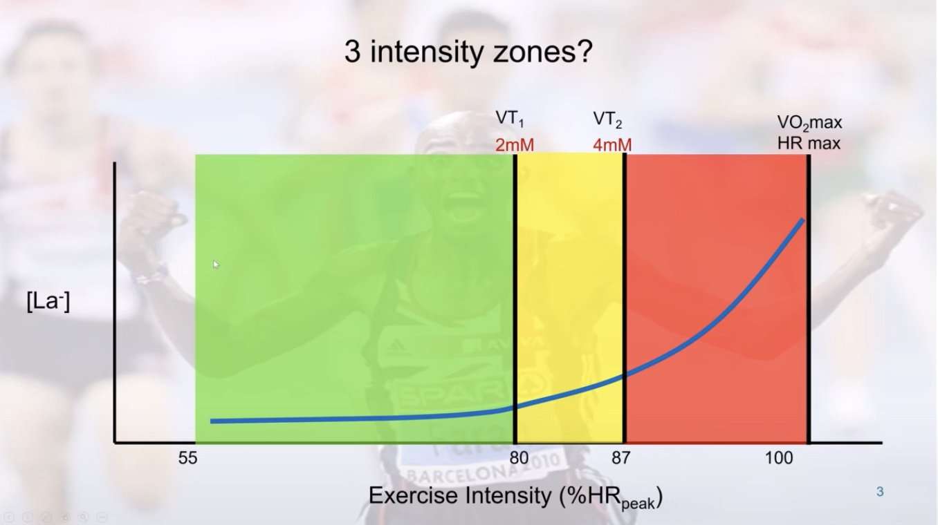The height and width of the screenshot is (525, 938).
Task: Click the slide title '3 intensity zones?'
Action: pyautogui.click(x=468, y=52)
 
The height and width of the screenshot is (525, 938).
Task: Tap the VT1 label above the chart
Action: pyautogui.click(x=510, y=118)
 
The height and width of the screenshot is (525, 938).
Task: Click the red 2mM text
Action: pyautogui.click(x=515, y=145)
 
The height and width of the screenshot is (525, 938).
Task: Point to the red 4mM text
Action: pyautogui.click(x=611, y=145)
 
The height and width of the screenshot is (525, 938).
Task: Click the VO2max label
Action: pyautogui.click(x=809, y=124)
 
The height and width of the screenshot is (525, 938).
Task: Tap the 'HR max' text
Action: pyautogui.click(x=809, y=144)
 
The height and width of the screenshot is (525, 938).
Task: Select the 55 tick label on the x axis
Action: pyautogui.click(x=187, y=458)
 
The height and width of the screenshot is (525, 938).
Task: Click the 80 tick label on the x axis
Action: pyautogui.click(x=519, y=458)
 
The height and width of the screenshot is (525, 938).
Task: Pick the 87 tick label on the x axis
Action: pyautogui.click(x=620, y=458)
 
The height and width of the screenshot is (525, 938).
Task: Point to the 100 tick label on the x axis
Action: pyautogui.click(x=779, y=458)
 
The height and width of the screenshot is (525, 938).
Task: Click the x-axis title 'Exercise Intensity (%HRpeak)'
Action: pyautogui.click(x=515, y=497)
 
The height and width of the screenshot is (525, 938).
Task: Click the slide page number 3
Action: pyautogui.click(x=880, y=492)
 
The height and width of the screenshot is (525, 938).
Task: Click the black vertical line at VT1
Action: pyautogui.click(x=515, y=290)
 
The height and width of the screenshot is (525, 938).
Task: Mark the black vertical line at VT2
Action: pyautogui.click(x=625, y=290)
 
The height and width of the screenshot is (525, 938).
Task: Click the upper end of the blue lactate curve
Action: pyautogui.click(x=802, y=220)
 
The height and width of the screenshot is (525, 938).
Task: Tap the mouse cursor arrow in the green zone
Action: pyautogui.click(x=216, y=264)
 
